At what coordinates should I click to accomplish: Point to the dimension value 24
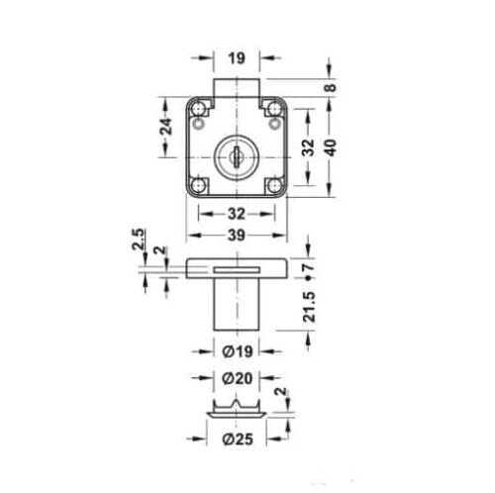(167, 126)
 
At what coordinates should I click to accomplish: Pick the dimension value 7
(310, 266)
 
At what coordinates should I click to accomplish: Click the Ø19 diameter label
(237, 349)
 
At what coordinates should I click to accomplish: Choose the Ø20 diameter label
(237, 379)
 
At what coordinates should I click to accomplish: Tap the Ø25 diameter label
(237, 439)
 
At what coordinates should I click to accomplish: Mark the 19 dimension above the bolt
(237, 59)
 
